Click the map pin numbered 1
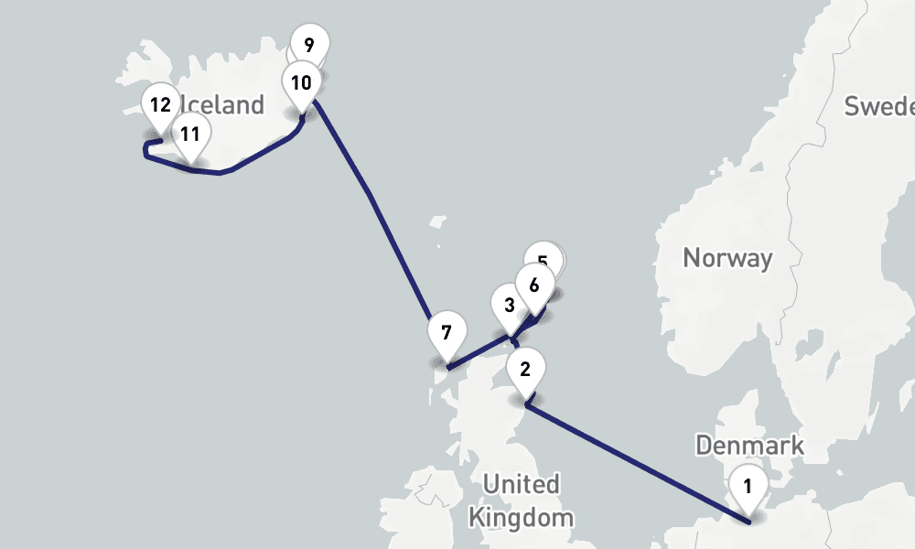tap(748, 486)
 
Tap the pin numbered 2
tap(525, 370)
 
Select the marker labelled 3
tap(509, 306)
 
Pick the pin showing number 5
tap(544, 260)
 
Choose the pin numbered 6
tap(534, 285)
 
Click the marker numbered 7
tap(447, 332)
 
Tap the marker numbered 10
tap(301, 83)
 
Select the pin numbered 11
tap(189, 135)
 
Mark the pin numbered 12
tap(160, 104)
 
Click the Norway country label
tap(727, 258)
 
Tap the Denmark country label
tap(749, 446)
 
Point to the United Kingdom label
tap(521, 500)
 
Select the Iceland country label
tap(224, 105)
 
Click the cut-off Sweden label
tap(878, 106)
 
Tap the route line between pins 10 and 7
tap(371, 197)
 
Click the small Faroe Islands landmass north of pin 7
tap(437, 223)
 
